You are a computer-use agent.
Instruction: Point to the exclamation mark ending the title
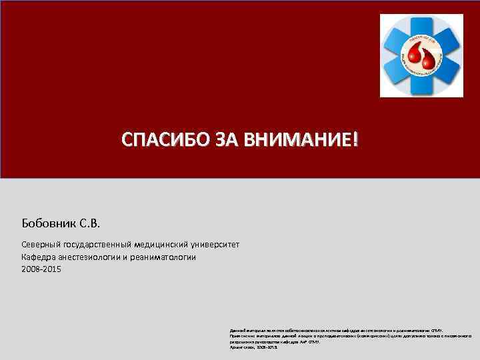click(355, 140)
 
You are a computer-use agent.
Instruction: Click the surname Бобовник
click(50, 221)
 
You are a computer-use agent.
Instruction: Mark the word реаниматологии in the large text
click(167, 257)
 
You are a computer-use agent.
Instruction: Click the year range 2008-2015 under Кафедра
click(41, 269)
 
